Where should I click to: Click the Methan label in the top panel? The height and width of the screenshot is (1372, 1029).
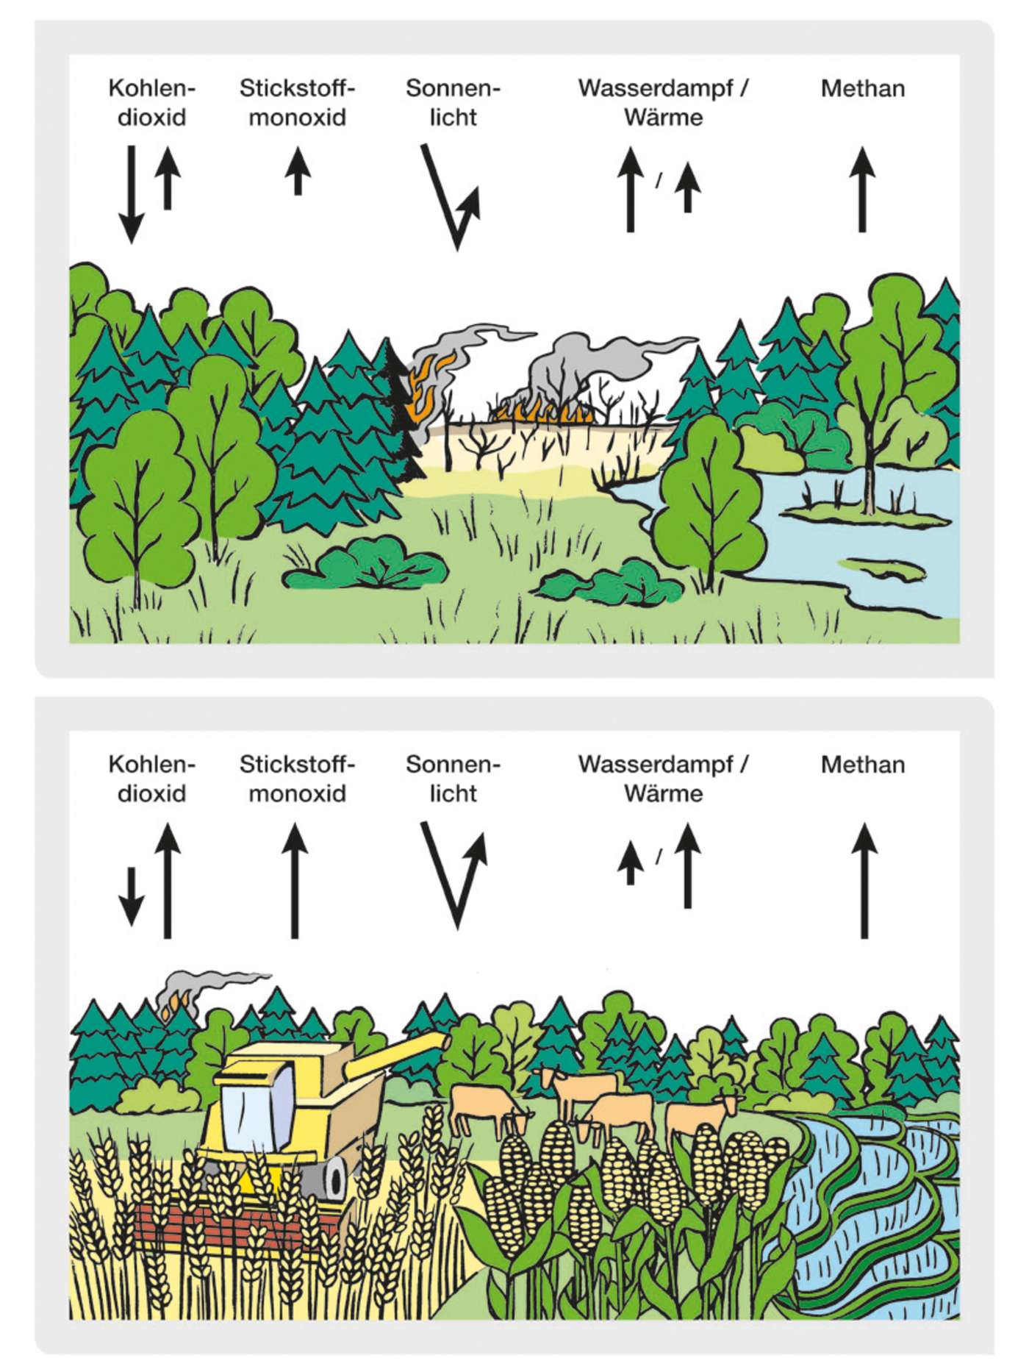[x=863, y=89]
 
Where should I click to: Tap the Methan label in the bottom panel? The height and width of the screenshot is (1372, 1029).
[x=863, y=765]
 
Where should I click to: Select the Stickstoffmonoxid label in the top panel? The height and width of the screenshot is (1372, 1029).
[x=297, y=103]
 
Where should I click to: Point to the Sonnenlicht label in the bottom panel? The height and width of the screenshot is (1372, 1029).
[x=453, y=779]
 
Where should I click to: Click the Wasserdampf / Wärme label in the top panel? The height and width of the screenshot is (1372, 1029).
[x=663, y=103]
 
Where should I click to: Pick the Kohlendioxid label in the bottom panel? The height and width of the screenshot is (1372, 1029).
[x=152, y=779]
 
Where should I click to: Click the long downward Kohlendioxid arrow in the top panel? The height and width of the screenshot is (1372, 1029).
[x=132, y=194]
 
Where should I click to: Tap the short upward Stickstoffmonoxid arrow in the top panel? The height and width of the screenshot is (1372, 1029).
[x=298, y=171]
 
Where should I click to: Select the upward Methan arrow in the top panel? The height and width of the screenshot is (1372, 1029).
[x=863, y=189]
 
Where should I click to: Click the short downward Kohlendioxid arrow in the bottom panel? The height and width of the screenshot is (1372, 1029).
[x=132, y=896]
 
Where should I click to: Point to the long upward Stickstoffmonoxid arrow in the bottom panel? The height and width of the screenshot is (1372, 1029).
[x=295, y=881]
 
